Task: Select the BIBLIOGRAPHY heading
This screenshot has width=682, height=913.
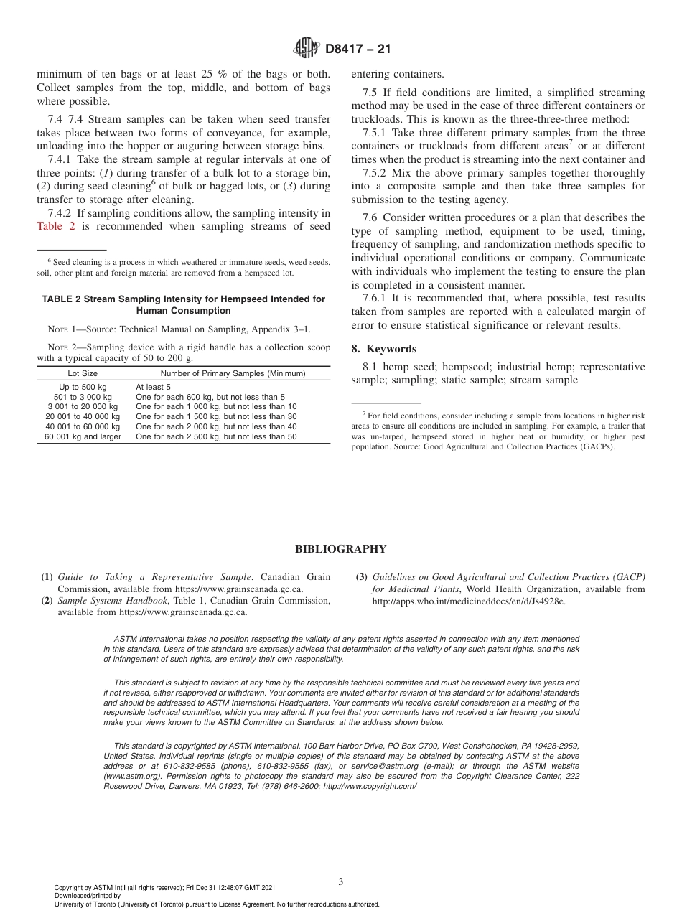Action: tap(340, 549)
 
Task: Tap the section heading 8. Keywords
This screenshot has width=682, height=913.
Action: tap(383, 349)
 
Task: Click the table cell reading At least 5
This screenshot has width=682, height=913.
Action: tap(153, 387)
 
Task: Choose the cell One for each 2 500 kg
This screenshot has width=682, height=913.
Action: tap(215, 436)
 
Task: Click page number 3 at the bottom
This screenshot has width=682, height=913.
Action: tap(340, 881)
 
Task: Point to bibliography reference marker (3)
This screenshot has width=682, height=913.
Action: tap(361, 577)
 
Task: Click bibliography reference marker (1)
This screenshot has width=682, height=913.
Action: tap(47, 577)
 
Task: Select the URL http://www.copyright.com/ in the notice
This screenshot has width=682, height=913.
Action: tap(369, 786)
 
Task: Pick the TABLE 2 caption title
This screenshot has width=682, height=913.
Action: tap(183, 304)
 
